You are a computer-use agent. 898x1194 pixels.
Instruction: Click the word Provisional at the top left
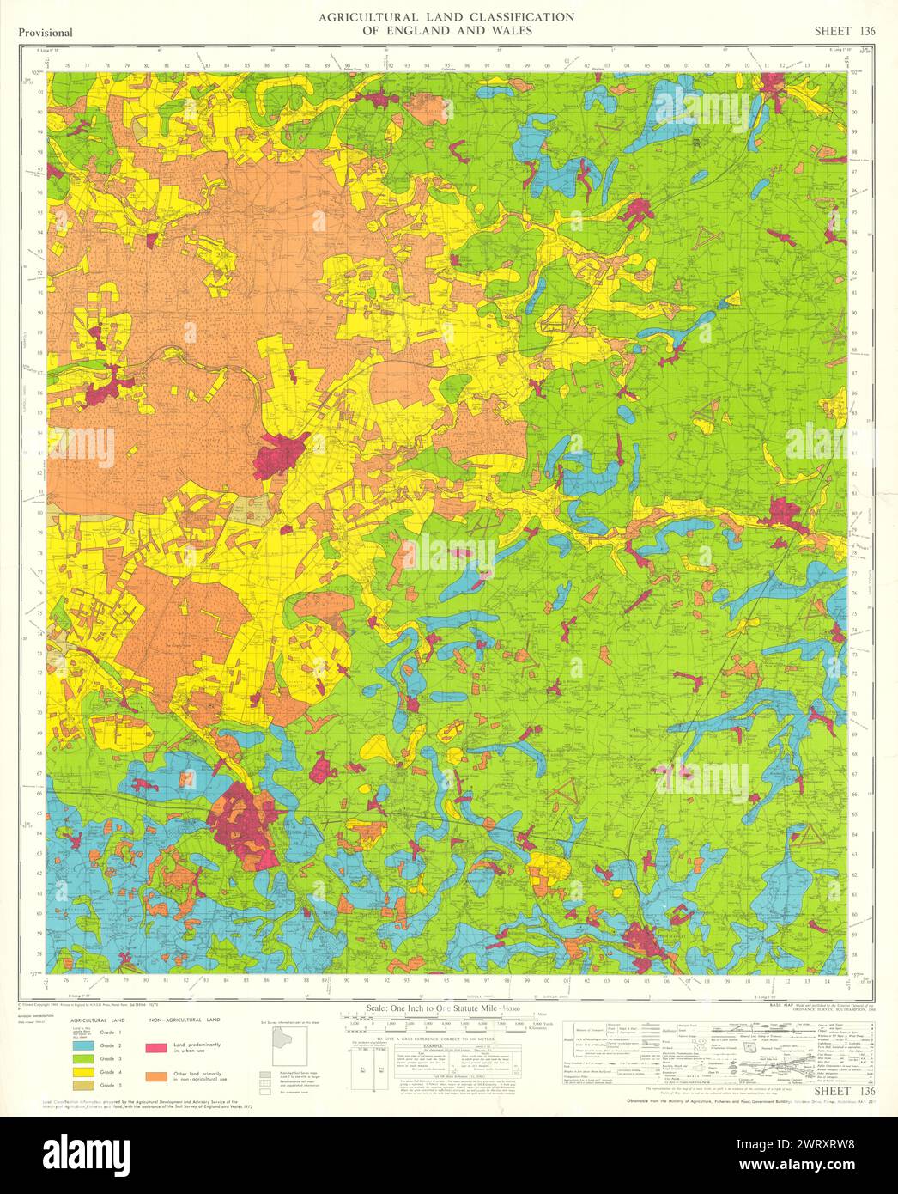click(x=45, y=33)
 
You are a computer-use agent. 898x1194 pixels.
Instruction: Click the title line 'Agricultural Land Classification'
click(x=446, y=16)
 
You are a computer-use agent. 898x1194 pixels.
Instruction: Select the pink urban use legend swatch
click(x=155, y=1048)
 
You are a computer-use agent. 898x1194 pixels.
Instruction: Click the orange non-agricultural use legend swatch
click(x=155, y=1076)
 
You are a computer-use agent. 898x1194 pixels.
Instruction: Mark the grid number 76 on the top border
click(x=66, y=64)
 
